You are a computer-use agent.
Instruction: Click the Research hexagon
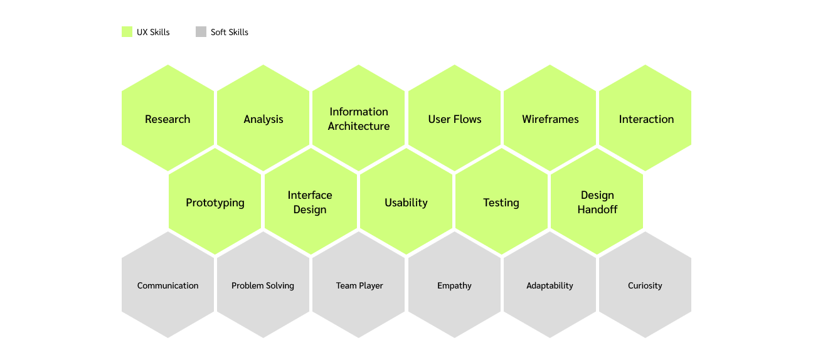pos(167,119)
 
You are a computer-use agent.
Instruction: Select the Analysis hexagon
pos(263,119)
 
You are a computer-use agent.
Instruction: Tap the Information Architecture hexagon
pos(359,119)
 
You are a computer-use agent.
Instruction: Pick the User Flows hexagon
pos(455,119)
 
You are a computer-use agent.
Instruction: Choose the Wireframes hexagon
pos(550,119)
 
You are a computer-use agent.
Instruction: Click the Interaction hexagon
pos(646,119)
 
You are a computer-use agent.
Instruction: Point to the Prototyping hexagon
pos(215,202)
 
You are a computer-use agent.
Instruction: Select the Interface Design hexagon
pos(311,202)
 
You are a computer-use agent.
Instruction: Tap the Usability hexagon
pos(406,202)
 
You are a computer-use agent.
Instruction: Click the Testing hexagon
pos(501,202)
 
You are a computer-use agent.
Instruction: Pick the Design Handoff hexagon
pos(597,202)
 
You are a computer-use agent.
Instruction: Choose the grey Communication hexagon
pos(167,285)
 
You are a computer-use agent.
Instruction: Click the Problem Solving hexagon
pos(263,285)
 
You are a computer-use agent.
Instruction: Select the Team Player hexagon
pos(359,285)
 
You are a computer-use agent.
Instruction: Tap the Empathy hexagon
pos(455,285)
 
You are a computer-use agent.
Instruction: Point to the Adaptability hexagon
pos(550,285)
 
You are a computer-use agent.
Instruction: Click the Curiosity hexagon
pos(646,285)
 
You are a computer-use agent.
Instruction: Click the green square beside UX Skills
pos(127,32)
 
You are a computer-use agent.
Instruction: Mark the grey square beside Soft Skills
pos(201,32)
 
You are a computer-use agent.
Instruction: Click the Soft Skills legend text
pos(230,32)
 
